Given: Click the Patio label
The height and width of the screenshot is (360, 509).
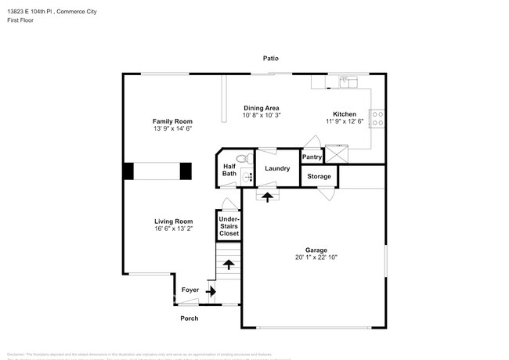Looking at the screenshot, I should point(270,59).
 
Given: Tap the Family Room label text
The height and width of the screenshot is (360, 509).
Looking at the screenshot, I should point(172,121).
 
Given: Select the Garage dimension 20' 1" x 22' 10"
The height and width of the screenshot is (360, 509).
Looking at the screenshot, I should point(316,257).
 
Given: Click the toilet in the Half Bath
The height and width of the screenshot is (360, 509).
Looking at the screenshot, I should point(243,159).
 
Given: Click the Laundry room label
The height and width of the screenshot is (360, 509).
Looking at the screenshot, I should point(277,168).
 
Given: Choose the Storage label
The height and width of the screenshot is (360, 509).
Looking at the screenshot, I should point(319,176).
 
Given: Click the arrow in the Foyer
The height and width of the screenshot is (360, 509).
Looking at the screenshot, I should point(210,290).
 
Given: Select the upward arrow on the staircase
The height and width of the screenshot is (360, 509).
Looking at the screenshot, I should point(229,265).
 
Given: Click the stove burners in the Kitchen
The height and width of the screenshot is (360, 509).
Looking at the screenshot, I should point(377,118).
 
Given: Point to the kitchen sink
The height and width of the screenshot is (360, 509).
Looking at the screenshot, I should point(345,81).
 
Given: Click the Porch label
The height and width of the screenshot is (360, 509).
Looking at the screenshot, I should point(190,318).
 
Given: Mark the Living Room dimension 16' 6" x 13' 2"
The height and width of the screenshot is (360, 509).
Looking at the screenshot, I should point(172,229).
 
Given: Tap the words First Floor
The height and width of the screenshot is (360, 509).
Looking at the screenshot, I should point(22,21).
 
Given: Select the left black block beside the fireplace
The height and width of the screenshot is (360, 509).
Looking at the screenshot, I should point(127,171).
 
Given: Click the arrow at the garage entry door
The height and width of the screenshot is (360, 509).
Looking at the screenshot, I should point(268,197).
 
